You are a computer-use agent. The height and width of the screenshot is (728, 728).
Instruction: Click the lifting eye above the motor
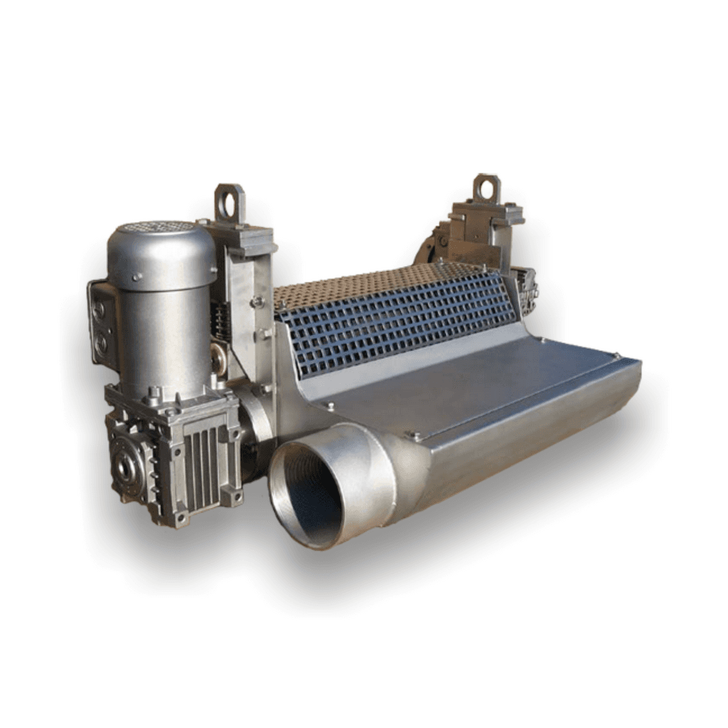click(230, 203)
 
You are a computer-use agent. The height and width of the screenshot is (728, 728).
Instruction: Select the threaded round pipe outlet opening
click(314, 491)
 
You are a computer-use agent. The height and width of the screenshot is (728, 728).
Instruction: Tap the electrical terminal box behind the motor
click(102, 323)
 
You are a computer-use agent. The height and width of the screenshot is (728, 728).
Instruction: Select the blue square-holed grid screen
click(398, 313)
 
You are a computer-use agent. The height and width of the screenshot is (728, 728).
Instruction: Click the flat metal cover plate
click(469, 384)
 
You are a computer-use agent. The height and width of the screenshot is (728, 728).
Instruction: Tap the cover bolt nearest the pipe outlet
click(417, 435)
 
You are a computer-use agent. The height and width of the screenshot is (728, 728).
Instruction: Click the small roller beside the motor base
click(218, 360)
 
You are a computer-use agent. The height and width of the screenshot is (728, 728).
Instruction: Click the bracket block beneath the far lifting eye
click(483, 227)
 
